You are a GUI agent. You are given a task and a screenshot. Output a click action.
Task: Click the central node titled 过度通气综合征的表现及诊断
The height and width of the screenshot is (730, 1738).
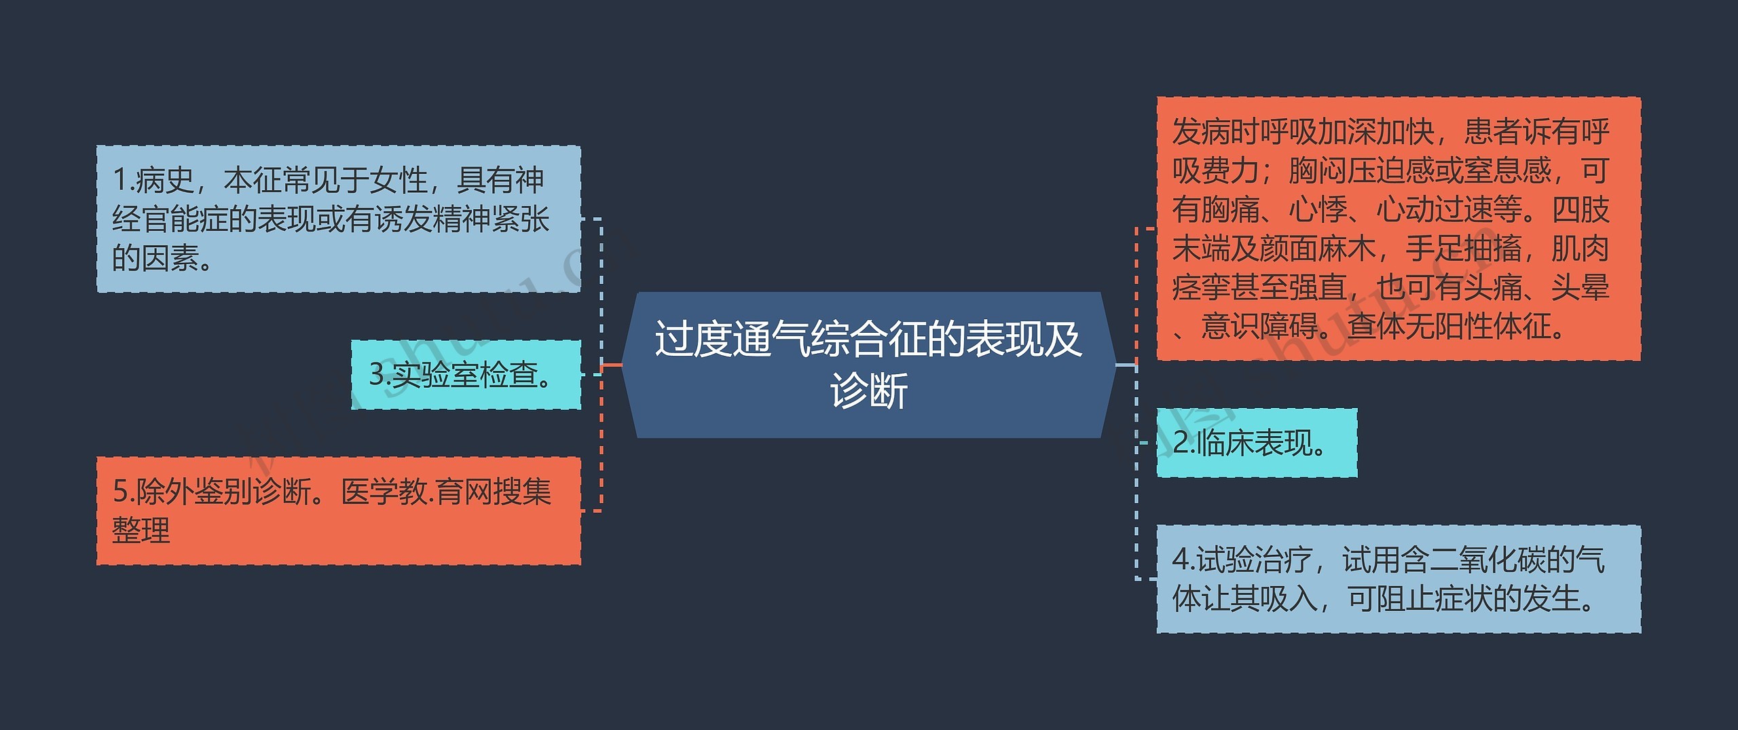868,365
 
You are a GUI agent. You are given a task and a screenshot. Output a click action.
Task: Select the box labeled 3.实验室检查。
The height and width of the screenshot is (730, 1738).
466,375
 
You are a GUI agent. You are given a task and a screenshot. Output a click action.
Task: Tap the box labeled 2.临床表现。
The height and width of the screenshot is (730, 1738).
1256,443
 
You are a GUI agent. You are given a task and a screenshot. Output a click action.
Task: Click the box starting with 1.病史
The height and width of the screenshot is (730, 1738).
338,219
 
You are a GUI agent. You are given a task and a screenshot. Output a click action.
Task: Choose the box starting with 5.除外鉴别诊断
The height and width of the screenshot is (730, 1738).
338,511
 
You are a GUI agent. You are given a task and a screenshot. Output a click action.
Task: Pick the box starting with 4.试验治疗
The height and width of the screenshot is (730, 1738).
1399,579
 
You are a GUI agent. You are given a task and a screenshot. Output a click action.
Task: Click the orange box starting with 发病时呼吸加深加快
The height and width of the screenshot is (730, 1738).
1399,229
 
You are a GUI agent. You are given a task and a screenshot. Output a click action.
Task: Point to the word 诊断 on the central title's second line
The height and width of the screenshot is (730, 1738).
868,391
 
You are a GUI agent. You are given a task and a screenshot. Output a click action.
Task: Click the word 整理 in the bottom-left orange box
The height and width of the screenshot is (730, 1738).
141,530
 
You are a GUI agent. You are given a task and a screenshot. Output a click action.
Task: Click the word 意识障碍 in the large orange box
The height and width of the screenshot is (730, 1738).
1259,327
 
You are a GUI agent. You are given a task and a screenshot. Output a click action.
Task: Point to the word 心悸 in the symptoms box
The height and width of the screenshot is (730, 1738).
1317,210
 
